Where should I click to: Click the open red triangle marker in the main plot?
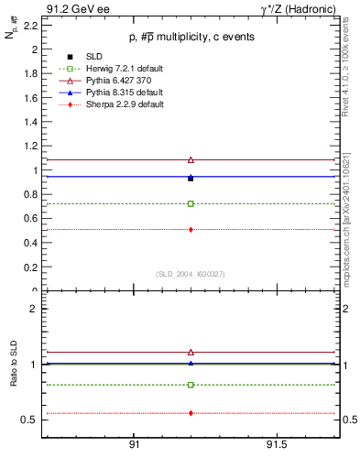(x=191, y=159)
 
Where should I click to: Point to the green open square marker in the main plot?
(x=191, y=203)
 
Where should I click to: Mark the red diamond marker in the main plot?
(x=191, y=229)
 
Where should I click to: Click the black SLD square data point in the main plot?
(x=191, y=178)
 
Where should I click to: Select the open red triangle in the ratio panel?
(x=191, y=352)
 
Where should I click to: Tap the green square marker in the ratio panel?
(x=191, y=385)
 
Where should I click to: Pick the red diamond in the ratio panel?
(x=191, y=413)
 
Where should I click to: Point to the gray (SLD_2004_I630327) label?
(x=190, y=274)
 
